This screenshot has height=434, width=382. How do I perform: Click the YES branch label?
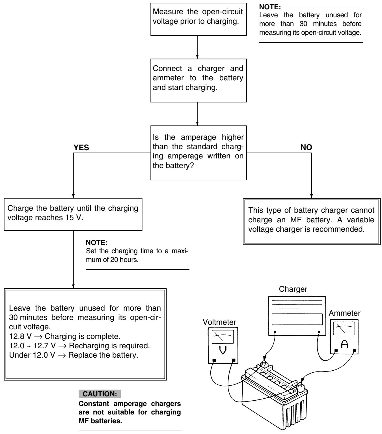tap(81, 148)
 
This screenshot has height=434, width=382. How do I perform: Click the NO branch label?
tap(306, 147)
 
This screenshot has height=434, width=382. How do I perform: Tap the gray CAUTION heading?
tap(100, 394)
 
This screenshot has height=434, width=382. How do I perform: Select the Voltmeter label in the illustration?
tap(219, 322)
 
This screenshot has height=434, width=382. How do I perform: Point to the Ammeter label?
tap(344, 313)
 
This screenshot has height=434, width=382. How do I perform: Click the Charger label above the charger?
tap(293, 289)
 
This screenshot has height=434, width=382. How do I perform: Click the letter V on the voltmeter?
tap(223, 350)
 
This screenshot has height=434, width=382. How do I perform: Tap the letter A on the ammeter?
tap(344, 344)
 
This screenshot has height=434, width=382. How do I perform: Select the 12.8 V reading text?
tap(20, 336)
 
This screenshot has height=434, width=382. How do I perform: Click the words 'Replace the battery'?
tap(103, 355)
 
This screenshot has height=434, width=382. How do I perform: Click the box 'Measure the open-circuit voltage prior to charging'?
tap(198, 19)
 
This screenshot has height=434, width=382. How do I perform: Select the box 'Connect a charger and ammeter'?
tap(198, 81)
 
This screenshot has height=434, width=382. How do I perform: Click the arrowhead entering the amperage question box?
tap(197, 124)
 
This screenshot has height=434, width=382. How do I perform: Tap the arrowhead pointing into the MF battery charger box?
tap(311, 196)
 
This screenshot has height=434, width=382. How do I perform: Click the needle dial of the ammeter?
tap(344, 328)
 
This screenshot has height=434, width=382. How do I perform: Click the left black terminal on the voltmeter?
tap(214, 360)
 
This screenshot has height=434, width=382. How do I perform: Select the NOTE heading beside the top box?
tap(270, 7)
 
